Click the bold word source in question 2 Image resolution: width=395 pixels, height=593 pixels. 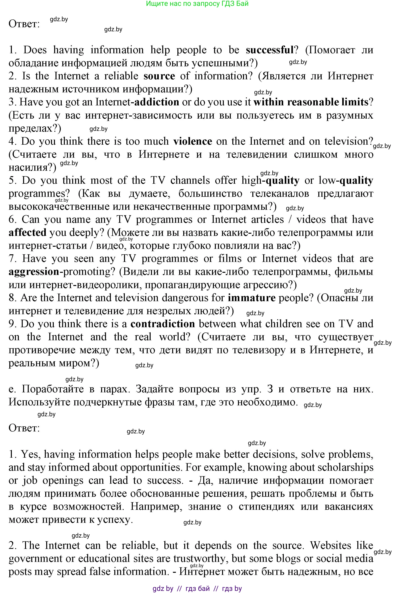click(x=159, y=76)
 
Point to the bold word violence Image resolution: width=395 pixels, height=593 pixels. click(x=193, y=141)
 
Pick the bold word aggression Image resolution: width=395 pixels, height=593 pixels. click(x=34, y=272)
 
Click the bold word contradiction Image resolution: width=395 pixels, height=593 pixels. click(x=162, y=324)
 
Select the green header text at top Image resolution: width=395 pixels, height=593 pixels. click(x=197, y=3)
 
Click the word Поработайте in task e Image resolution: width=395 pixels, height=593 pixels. click(x=53, y=389)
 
